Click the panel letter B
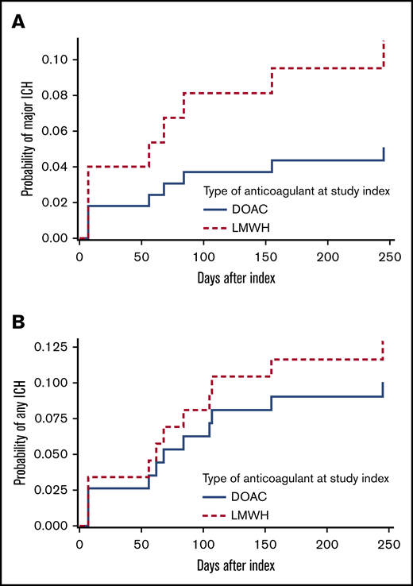(x=17, y=322)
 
